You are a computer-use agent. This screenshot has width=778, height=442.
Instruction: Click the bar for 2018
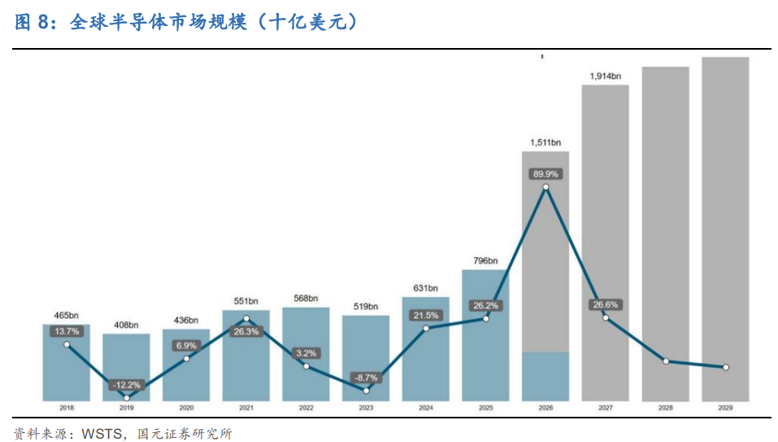click(x=67, y=362)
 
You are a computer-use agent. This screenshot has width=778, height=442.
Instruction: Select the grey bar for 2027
click(x=606, y=243)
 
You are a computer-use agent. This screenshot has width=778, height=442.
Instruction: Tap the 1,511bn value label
click(x=545, y=142)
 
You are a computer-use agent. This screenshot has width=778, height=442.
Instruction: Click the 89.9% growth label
click(x=545, y=174)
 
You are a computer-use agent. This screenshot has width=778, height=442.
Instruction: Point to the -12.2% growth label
click(x=127, y=385)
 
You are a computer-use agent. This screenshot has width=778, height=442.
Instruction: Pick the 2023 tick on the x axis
click(x=366, y=408)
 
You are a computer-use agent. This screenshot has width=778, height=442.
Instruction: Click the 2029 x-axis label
click(x=725, y=408)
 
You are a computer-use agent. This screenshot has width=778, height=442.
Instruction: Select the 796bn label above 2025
click(x=485, y=260)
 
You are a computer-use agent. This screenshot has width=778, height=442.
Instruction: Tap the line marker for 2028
click(x=666, y=361)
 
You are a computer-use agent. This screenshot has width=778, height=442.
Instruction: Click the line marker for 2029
click(x=725, y=367)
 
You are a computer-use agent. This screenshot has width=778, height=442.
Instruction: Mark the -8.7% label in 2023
click(x=366, y=378)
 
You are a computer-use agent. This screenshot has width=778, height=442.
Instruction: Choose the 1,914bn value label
click(x=606, y=76)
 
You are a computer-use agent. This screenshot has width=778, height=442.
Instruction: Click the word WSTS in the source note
click(x=102, y=434)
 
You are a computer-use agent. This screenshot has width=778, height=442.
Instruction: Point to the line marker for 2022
click(x=306, y=366)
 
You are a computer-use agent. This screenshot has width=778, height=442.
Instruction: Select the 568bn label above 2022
click(x=306, y=299)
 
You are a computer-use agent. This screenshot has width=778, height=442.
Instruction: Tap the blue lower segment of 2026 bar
click(x=545, y=377)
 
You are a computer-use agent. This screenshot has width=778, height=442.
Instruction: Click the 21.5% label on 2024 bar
click(x=426, y=315)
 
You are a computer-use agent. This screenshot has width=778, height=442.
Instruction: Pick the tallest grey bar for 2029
click(x=725, y=229)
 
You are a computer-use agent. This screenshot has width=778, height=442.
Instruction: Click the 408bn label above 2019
click(x=126, y=325)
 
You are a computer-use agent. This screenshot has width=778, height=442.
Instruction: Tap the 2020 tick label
click(x=186, y=408)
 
